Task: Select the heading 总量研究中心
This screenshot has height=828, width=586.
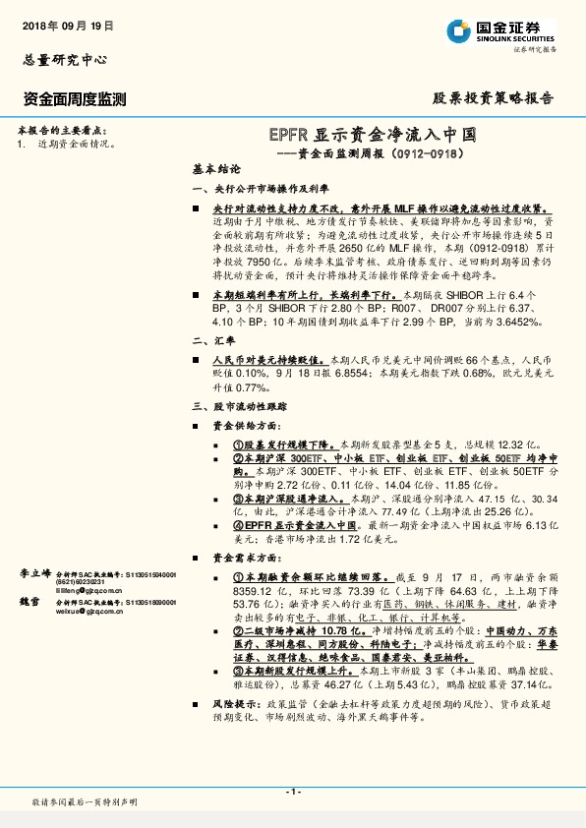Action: point(65,60)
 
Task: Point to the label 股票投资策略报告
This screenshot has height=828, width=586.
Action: point(493,98)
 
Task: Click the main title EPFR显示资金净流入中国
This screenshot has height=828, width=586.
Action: point(373,135)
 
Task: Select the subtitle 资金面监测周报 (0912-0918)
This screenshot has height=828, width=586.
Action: point(377,153)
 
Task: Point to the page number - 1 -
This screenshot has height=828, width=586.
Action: point(292,791)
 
